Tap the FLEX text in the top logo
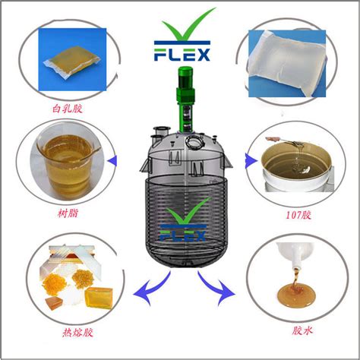[180, 55]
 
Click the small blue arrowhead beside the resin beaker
[113, 160]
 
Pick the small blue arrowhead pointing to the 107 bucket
[249, 160]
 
